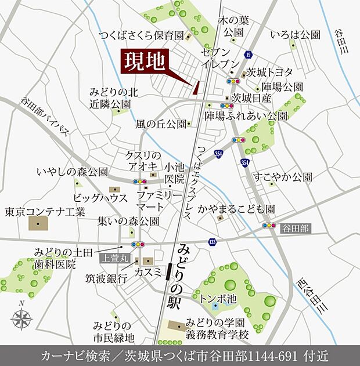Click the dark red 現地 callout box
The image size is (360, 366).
(x=145, y=61)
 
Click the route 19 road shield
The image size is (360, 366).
(x=248, y=55)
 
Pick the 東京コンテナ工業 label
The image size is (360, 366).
(x=45, y=211)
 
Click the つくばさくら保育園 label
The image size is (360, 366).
(x=141, y=35)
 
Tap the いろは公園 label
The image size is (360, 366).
(x=298, y=34)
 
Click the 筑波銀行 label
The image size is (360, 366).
(x=106, y=278)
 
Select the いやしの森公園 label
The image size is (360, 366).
(x=72, y=172)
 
